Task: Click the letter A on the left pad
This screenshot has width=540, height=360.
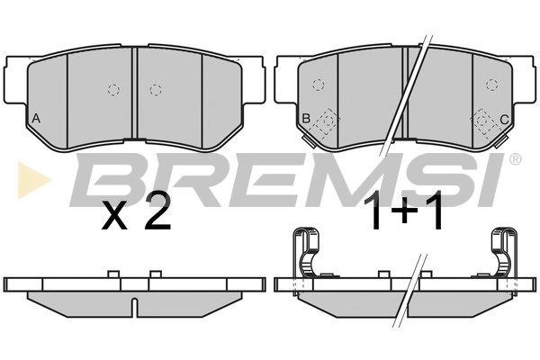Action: click(36, 119)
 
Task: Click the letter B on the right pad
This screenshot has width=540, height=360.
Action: click(306, 119)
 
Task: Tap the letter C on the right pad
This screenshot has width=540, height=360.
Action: click(504, 120)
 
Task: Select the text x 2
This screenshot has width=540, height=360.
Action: click(137, 212)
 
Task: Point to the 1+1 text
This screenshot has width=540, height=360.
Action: click(407, 211)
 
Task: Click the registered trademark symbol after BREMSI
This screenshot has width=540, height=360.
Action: click(515, 158)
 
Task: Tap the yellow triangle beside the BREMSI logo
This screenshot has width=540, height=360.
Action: click(34, 180)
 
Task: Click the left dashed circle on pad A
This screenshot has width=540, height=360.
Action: click(113, 90)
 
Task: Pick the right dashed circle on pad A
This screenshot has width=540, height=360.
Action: click(156, 90)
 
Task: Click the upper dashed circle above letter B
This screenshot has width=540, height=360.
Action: click(319, 85)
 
